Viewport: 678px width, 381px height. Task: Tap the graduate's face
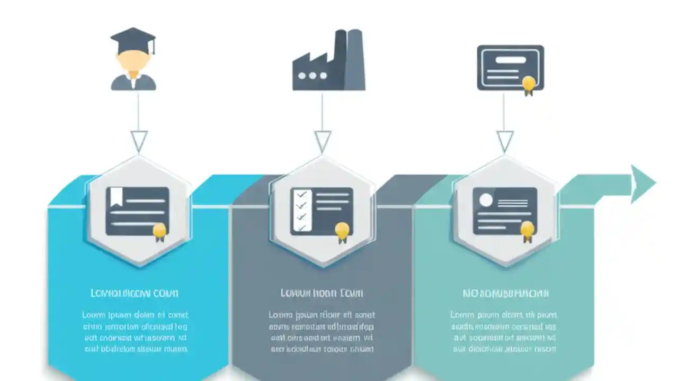132,62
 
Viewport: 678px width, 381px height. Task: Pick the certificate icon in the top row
510,68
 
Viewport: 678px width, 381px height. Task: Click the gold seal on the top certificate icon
528,84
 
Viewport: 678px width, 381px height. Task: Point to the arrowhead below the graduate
139,141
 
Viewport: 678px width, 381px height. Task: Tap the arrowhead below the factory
323,141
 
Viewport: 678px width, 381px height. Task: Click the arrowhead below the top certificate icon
505,141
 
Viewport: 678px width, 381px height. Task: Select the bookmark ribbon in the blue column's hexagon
116,197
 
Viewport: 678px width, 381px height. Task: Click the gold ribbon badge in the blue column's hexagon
159,231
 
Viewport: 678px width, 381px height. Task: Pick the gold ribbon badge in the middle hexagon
342,231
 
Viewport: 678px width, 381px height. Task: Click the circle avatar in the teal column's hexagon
486,199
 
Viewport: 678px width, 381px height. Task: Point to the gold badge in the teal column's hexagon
527,230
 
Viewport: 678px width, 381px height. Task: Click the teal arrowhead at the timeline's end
643,184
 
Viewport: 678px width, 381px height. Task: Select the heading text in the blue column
135,293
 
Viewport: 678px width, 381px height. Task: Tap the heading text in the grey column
322,293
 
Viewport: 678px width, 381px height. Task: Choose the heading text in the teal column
505,293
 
